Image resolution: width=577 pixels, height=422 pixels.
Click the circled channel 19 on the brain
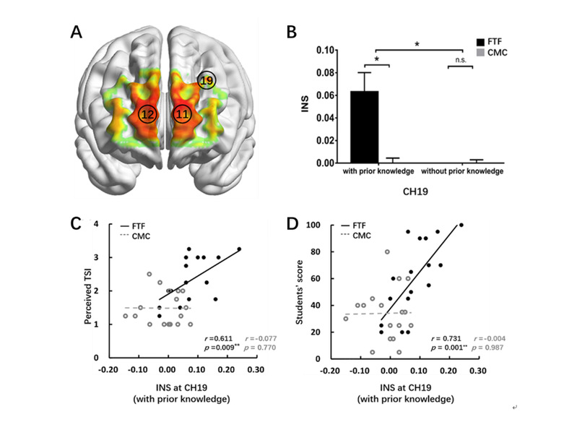207,81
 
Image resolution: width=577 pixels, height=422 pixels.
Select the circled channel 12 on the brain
147,114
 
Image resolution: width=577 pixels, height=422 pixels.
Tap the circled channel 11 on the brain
182,114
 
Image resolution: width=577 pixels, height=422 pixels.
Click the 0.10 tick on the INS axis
326,51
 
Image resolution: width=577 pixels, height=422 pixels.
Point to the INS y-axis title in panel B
304,106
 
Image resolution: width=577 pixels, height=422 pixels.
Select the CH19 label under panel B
415,192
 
